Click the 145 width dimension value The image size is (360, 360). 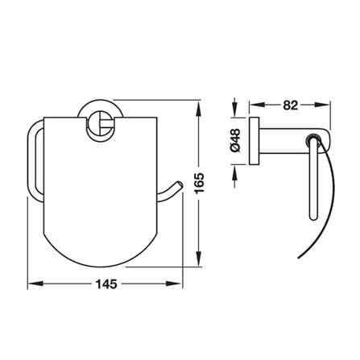[106, 284]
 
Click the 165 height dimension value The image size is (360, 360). [200, 184]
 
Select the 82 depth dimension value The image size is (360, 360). [291, 106]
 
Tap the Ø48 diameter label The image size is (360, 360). [235, 140]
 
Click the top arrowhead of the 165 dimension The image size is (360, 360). [198, 108]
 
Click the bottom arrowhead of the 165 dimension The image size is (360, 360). [198, 259]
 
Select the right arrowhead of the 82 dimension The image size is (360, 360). [322, 105]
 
